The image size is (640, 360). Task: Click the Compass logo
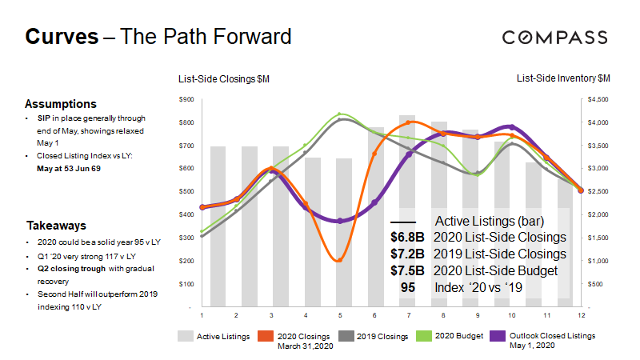[554, 37]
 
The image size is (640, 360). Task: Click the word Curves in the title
[62, 37]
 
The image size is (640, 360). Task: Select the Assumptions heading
[61, 104]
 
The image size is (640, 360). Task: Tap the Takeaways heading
[56, 226]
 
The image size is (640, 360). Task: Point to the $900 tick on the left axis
[186, 99]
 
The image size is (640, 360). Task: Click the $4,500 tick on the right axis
[598, 99]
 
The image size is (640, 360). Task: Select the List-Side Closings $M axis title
[224, 78]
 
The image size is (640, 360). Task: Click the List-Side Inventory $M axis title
[563, 78]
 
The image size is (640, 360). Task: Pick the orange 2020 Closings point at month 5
[340, 260]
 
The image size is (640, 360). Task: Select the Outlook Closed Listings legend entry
[552, 336]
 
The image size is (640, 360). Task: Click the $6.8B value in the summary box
[406, 238]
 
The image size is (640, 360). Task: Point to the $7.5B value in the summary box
[406, 270]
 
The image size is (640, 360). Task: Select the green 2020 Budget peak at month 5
[340, 114]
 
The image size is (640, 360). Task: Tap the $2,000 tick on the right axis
[598, 215]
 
